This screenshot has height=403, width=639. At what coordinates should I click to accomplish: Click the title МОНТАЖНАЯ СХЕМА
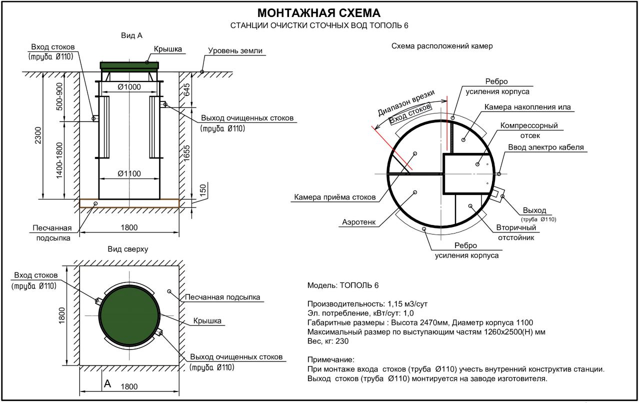(318, 13)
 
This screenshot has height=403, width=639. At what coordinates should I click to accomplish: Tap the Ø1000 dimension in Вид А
(129, 87)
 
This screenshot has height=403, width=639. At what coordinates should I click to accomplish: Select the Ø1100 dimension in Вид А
(129, 173)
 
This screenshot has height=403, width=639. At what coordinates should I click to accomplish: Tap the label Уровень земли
(235, 51)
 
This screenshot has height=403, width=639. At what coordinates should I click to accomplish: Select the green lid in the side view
(129, 65)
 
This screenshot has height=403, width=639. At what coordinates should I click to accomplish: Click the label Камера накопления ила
(527, 107)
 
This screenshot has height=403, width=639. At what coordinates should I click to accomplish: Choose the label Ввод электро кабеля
(546, 147)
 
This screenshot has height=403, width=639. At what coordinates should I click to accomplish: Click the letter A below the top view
(106, 384)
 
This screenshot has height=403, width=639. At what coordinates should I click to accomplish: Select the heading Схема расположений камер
(442, 46)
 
